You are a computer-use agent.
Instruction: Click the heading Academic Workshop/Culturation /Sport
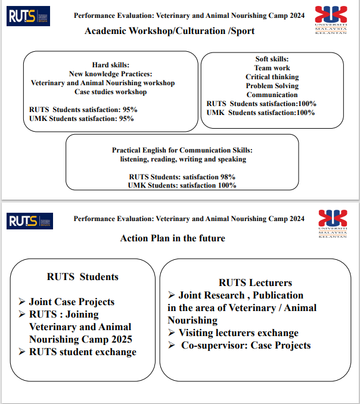click(x=169, y=31)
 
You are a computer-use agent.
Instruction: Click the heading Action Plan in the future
click(x=173, y=238)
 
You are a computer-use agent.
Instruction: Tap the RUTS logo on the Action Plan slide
click(x=30, y=221)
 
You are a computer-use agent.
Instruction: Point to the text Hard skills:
click(x=111, y=65)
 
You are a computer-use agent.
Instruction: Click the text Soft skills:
click(x=272, y=59)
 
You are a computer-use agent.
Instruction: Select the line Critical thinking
click(x=272, y=77)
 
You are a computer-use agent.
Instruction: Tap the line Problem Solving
click(x=272, y=86)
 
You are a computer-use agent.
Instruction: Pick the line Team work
click(x=272, y=68)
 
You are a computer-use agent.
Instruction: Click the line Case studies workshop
click(x=111, y=92)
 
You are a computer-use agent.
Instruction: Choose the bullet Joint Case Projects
click(x=72, y=302)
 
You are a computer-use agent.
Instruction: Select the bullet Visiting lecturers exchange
click(x=238, y=332)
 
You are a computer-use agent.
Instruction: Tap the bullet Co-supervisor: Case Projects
click(x=246, y=345)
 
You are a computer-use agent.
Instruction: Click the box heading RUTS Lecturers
click(x=255, y=282)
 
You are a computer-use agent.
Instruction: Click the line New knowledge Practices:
click(x=111, y=74)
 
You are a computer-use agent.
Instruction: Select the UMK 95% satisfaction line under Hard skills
click(x=82, y=119)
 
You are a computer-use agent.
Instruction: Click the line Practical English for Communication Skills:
click(x=182, y=150)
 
